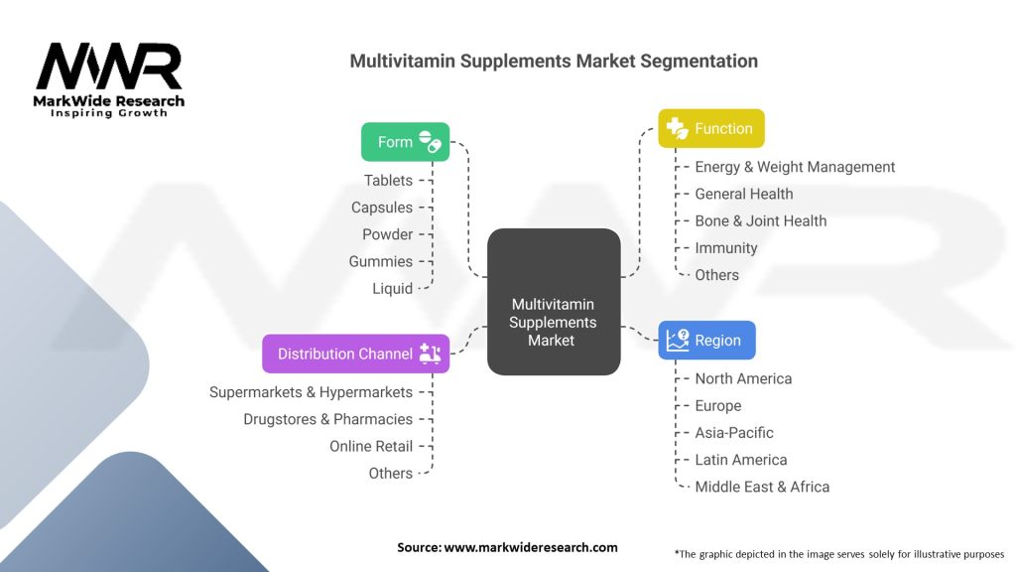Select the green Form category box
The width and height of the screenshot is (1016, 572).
coord(405,142)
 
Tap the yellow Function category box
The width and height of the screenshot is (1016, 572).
coord(710,128)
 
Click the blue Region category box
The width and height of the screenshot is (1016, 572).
coord(705,340)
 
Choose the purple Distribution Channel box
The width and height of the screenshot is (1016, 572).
coord(355,354)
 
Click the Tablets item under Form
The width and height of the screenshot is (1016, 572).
coord(388,181)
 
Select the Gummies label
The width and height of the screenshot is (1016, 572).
coord(381,261)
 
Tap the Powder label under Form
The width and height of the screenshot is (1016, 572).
coord(387,234)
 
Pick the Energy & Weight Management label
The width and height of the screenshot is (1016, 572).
coord(795,167)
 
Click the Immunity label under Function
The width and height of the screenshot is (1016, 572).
coord(725,248)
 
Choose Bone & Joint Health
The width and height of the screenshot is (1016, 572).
coord(760,220)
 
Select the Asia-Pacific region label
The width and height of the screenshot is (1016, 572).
coord(734,433)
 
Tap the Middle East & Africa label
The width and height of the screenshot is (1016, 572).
coord(762,487)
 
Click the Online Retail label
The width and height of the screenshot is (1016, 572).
coord(371,447)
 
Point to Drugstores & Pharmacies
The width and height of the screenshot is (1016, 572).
coord(327,419)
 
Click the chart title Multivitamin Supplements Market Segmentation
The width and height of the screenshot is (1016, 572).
coord(554,61)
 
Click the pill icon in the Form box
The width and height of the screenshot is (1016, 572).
coord(430,142)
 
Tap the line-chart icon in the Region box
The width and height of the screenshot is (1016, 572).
coord(678,341)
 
